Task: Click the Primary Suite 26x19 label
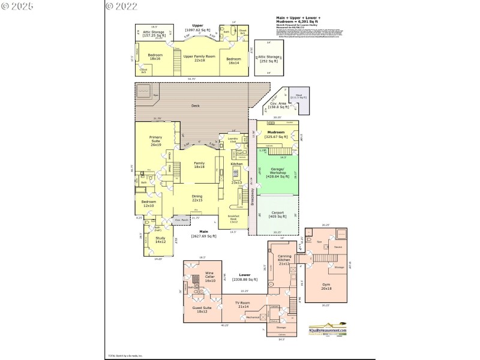click(x=156, y=141)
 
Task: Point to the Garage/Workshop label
click(x=277, y=171)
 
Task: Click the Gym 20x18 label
click(x=326, y=286)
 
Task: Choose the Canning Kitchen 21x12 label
click(x=284, y=259)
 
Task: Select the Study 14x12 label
click(x=160, y=240)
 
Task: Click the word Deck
click(x=195, y=106)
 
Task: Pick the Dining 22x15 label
click(x=197, y=198)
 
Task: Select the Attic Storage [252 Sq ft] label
click(x=269, y=58)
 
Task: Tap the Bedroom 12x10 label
click(x=149, y=203)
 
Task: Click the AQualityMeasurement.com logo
click(x=328, y=331)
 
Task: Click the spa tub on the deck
click(x=144, y=93)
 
